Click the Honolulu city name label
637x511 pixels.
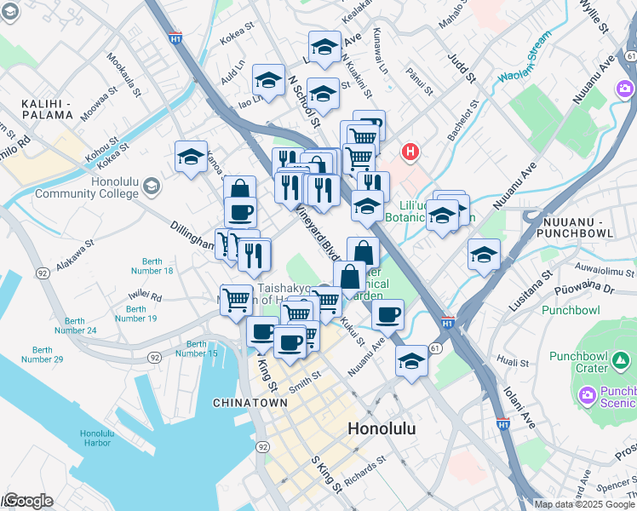pos(382,428)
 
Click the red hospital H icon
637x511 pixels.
pos(411,152)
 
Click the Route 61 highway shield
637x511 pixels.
pos(435,348)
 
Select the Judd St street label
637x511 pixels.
pos(460,66)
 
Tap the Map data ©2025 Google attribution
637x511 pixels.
pos(584,504)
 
